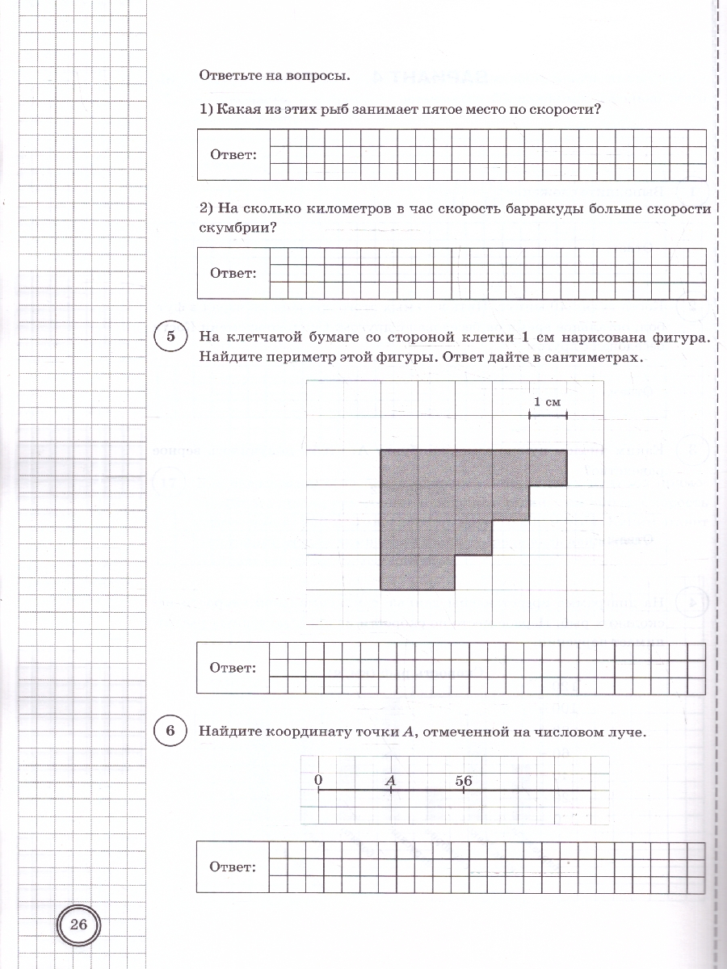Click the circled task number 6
point(170,732)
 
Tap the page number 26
point(78,925)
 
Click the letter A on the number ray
point(391,780)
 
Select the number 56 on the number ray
point(463,780)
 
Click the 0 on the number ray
point(318,780)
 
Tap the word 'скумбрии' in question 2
point(232,228)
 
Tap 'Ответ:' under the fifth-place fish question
point(233,154)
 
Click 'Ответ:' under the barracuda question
point(233,273)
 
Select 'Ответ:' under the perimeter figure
point(233,667)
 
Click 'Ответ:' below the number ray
point(233,866)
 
